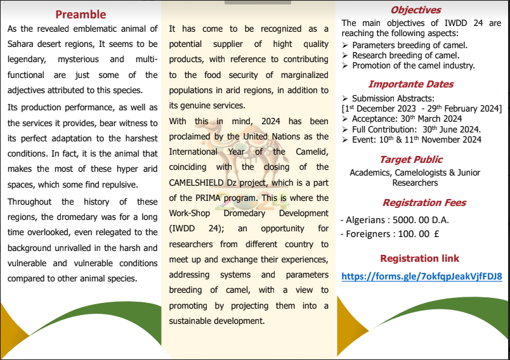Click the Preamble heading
(81, 14)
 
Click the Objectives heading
(415, 10)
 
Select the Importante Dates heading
(411, 84)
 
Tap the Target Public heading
(411, 159)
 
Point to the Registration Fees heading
(424, 203)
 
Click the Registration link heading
(419, 258)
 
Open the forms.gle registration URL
(422, 276)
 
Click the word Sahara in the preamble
(22, 44)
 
